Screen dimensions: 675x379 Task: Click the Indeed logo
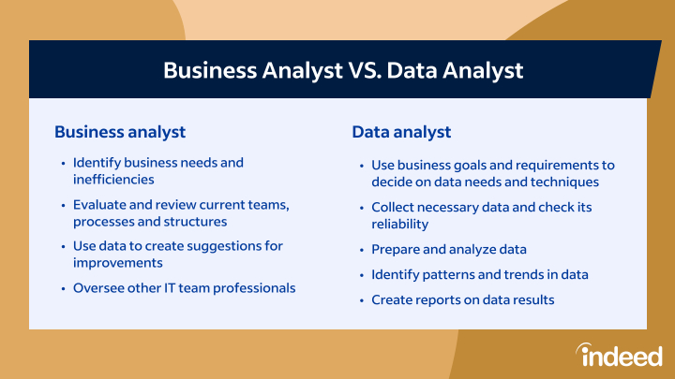coord(619,355)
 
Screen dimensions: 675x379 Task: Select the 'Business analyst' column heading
coord(120,132)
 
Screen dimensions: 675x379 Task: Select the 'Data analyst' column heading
coord(401,132)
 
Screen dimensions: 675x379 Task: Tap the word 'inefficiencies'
coord(113,179)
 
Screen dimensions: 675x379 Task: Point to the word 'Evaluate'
coord(98,205)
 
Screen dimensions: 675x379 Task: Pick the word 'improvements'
coord(117,263)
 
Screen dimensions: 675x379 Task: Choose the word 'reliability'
coord(400,225)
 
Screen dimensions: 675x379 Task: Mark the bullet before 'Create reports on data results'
coord(362,300)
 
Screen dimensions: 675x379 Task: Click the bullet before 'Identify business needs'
coord(64,163)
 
